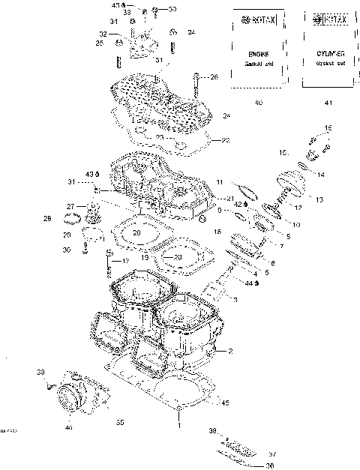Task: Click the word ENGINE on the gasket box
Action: [259, 55]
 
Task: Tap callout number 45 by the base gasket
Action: [224, 403]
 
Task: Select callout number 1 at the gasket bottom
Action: [179, 425]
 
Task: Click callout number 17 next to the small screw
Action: [126, 261]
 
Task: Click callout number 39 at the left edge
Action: [40, 372]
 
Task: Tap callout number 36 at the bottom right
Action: [269, 466]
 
